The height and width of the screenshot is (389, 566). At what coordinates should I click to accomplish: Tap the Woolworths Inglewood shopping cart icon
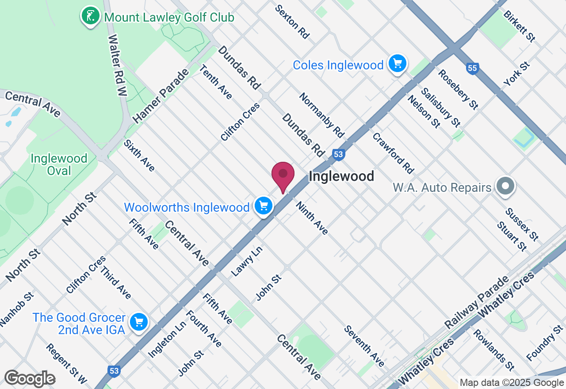pos(264,206)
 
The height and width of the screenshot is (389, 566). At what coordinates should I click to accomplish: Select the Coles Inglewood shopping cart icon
pos(398,64)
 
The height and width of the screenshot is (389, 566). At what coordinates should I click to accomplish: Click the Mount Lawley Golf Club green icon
pos(90,16)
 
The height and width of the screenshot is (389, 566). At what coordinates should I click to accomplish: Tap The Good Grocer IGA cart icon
pos(139,322)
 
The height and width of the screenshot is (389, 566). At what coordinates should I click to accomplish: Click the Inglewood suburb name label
pos(341,176)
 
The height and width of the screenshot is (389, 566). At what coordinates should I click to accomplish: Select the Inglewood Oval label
pos(59,164)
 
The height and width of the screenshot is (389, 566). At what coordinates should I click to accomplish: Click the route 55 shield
pos(472,68)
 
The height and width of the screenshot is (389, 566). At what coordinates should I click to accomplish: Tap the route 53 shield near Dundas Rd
pos(338,154)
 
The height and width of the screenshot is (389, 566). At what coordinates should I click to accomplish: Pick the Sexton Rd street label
pos(292,22)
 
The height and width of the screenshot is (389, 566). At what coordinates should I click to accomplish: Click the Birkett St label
pos(520,26)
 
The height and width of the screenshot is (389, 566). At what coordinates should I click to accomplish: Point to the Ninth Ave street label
pos(312,218)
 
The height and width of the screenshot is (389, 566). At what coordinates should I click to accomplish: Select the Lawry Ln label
pos(247,261)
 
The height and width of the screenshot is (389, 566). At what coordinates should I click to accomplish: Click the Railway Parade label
pos(477,303)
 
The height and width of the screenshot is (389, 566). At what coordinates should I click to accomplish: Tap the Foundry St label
pos(545,343)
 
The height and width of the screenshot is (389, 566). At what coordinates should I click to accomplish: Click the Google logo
pos(30,379)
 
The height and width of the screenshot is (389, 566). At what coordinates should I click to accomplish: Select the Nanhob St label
pos(16,309)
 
